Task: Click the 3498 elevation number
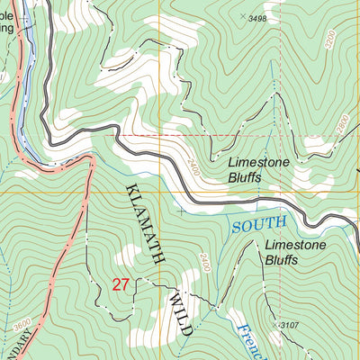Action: click(258, 18)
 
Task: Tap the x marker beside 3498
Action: click(242, 16)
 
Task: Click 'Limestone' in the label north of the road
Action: click(256, 163)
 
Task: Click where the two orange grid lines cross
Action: click(160, 192)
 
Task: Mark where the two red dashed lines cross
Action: click(160, 136)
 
